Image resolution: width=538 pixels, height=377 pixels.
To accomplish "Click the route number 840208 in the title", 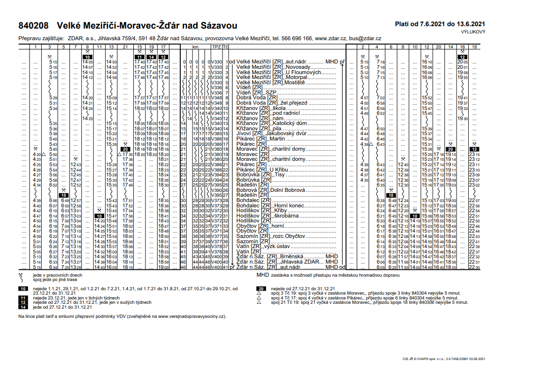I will click(x=34, y=25).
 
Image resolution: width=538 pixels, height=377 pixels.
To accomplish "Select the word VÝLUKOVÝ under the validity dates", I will click(x=473, y=31).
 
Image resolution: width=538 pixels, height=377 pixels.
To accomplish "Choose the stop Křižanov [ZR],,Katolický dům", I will click(x=265, y=123).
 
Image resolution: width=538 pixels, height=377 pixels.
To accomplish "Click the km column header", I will click(x=196, y=47).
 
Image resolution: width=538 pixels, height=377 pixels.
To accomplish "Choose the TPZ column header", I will click(x=216, y=47).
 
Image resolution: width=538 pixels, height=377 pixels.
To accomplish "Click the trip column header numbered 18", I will click(x=475, y=47).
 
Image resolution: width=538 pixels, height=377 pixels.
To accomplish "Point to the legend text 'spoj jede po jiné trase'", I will click(x=54, y=279).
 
